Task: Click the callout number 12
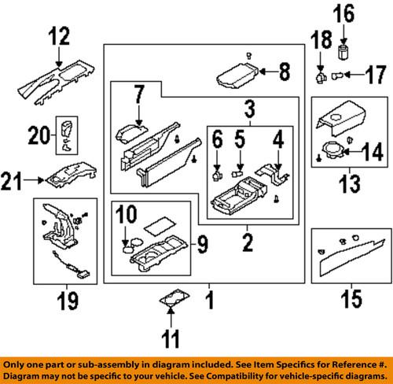coord(59,36)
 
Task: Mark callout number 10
coord(127,212)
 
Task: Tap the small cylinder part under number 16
coord(343,53)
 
